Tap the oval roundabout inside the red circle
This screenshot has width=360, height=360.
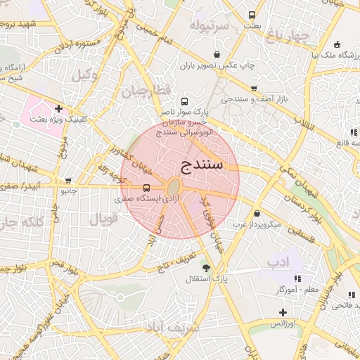[173, 187]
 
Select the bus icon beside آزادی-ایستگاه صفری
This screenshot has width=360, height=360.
[146, 188]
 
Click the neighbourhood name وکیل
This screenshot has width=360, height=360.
[85, 73]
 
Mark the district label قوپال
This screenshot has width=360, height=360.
[104, 219]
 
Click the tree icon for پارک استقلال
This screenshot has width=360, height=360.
[206, 268]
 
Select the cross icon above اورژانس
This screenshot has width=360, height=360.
[283, 312]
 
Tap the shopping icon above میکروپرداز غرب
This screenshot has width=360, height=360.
[257, 213]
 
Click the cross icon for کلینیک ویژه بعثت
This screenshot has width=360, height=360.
[58, 109]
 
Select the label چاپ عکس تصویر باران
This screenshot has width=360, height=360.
[217, 65]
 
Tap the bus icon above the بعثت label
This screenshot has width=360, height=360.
[252, 15]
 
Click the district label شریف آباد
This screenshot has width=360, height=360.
[170, 328]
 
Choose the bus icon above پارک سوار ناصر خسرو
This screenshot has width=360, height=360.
[184, 101]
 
